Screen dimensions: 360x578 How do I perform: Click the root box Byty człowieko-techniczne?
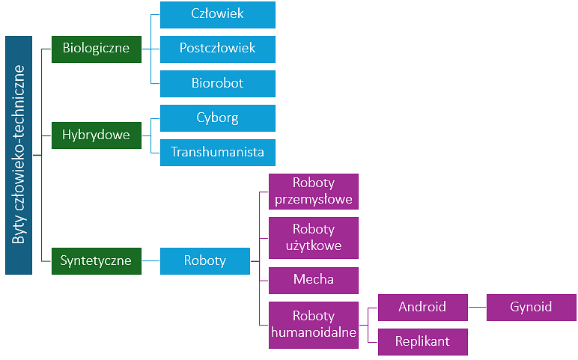(19, 155)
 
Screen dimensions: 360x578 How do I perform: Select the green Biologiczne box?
(96, 49)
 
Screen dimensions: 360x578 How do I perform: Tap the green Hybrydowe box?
(96, 135)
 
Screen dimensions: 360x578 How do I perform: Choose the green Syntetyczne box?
(96, 260)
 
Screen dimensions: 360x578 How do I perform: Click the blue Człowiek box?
(217, 14)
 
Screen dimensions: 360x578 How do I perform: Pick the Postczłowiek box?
(217, 49)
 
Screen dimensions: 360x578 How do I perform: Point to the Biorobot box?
(217, 83)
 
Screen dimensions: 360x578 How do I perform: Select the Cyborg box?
(217, 118)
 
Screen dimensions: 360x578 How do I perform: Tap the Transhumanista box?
(217, 152)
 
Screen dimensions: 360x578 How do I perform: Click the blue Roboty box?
(204, 260)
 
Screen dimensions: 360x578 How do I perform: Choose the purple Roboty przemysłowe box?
(314, 191)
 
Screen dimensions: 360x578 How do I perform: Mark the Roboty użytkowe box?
(314, 237)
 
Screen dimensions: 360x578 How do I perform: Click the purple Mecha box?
(314, 280)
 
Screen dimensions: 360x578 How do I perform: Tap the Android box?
(422, 307)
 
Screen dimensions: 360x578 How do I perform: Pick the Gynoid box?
(531, 307)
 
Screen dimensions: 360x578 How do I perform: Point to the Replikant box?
(422, 341)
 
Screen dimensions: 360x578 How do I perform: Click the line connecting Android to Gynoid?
(477, 307)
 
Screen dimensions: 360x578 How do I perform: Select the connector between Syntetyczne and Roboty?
(150, 260)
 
